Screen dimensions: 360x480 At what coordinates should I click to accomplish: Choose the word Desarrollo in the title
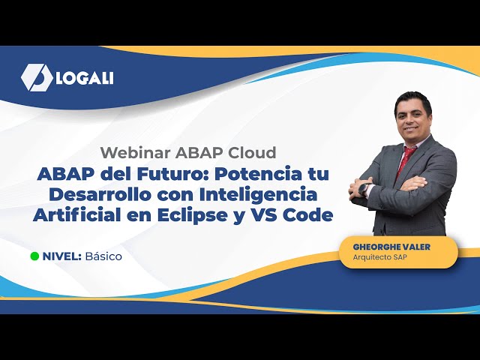point(92,194)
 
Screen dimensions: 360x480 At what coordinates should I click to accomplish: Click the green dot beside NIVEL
point(34,256)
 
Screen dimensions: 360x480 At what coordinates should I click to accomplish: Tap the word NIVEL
point(61,256)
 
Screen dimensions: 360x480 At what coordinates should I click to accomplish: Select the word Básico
point(103,256)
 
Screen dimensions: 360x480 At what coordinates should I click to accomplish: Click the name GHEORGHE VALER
point(391,247)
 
